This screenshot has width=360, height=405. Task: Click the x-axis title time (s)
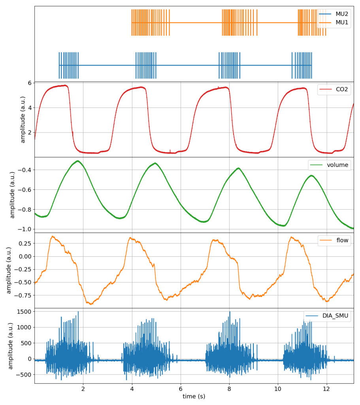(194, 396)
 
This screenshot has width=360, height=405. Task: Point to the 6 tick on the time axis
(181, 388)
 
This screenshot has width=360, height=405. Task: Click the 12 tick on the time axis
(326, 388)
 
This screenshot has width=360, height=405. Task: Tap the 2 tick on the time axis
(83, 388)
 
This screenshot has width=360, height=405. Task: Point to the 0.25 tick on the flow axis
(25, 243)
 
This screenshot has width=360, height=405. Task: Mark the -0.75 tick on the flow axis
(23, 295)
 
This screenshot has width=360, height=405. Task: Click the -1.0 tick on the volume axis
(26, 229)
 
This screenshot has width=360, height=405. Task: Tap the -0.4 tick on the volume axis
(26, 170)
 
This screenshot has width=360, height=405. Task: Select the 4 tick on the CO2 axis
(29, 108)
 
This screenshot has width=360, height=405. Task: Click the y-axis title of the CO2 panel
(23, 120)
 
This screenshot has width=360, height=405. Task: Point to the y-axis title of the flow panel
(9, 271)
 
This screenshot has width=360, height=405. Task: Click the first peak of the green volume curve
(78, 161)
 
